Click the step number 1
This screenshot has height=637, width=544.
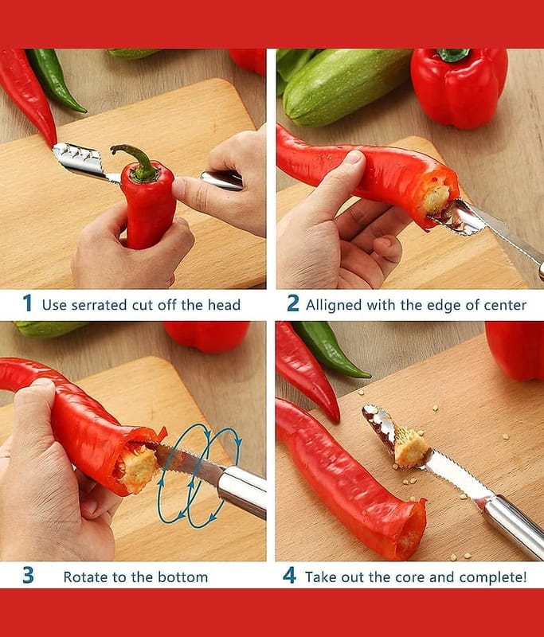[27, 303]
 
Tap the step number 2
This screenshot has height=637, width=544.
[293, 303]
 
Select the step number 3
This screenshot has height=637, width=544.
[28, 575]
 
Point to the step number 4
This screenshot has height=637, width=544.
[289, 575]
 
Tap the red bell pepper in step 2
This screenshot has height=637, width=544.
[459, 88]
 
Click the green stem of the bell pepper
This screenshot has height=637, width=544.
[453, 55]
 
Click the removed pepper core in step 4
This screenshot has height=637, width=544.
[411, 446]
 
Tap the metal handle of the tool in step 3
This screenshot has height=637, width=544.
[242, 491]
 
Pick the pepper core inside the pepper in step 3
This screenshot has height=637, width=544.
[138, 467]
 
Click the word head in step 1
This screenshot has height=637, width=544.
[225, 305]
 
